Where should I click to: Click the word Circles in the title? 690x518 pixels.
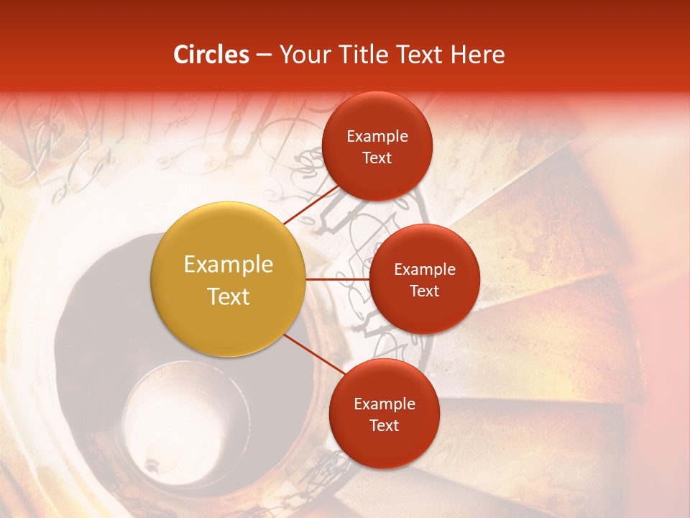(211, 55)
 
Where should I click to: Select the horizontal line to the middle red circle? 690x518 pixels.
(337, 278)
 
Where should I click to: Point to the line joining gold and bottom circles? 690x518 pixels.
(314, 356)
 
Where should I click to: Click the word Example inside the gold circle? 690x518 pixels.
(228, 265)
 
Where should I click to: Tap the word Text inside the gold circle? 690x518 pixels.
(228, 296)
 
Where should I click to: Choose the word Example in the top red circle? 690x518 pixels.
(377, 136)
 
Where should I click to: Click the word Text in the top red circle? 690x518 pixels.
(377, 158)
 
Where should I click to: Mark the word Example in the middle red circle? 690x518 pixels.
(424, 269)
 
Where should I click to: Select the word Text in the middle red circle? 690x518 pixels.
(424, 291)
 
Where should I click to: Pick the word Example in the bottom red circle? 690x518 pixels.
(384, 404)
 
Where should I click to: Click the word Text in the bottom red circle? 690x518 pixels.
(384, 425)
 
